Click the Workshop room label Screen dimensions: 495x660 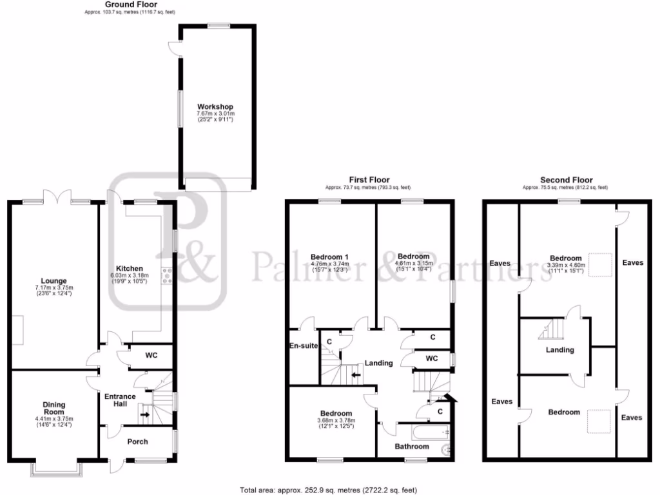pyautogui.click(x=215, y=107)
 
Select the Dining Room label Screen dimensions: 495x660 pyautogui.click(x=54, y=409)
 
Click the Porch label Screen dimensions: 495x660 pyautogui.click(x=137, y=442)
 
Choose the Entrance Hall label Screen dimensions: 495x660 pyautogui.click(x=120, y=400)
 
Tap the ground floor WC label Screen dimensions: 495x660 pyautogui.click(x=151, y=355)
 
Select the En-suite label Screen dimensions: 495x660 pyautogui.click(x=303, y=346)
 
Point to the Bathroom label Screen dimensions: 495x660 pyautogui.click(x=411, y=446)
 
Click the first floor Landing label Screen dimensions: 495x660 pyautogui.click(x=379, y=363)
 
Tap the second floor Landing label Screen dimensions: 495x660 pyautogui.click(x=559, y=350)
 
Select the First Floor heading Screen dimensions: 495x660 pyautogui.click(x=369, y=180)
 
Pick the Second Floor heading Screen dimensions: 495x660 pyautogui.click(x=567, y=180)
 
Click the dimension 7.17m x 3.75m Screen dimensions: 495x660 pyautogui.click(x=54, y=287)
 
